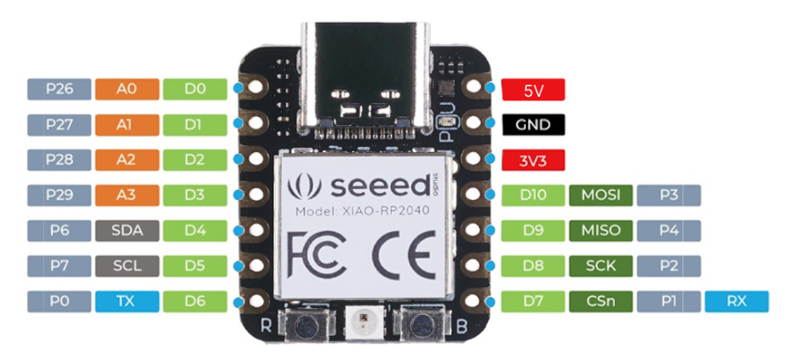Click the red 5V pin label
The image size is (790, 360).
533,90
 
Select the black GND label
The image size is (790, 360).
533,125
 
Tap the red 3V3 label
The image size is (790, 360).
533,160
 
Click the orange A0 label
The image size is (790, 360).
127,89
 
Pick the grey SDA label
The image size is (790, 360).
127,231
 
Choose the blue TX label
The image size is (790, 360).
127,301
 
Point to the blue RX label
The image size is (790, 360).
736,302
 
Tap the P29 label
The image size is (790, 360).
60,195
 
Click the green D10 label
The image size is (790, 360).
533,195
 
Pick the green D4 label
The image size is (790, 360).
195,231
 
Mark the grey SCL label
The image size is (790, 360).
127,266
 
